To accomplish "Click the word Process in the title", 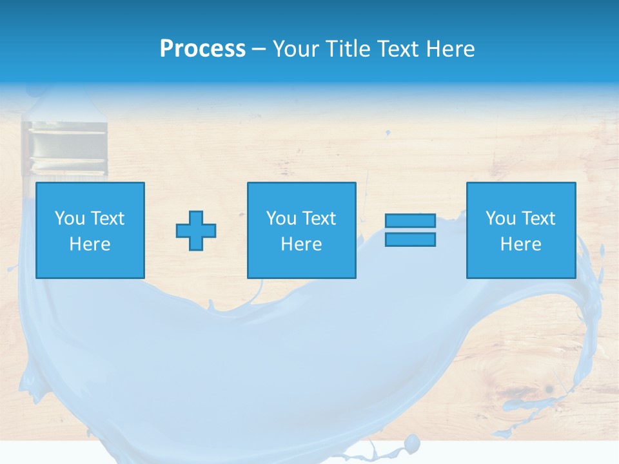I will pos(202,49).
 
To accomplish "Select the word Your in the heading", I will pos(296,49).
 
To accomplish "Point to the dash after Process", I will pos(259,50).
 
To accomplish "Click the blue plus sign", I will pos(196,230).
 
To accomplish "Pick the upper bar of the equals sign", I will pos(410,221).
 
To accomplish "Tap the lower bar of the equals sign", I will pos(410,239).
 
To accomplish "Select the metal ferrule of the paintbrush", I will pos(64,148).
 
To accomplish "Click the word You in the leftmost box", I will pos(69,218).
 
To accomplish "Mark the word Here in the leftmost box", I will pos(90,244).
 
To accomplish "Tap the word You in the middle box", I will pos(280,218).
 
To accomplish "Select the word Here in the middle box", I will pos(301,244).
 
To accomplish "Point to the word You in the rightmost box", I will pos(500,218).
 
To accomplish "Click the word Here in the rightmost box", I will pos(520,244).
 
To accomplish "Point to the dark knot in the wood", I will pos(549,389).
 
